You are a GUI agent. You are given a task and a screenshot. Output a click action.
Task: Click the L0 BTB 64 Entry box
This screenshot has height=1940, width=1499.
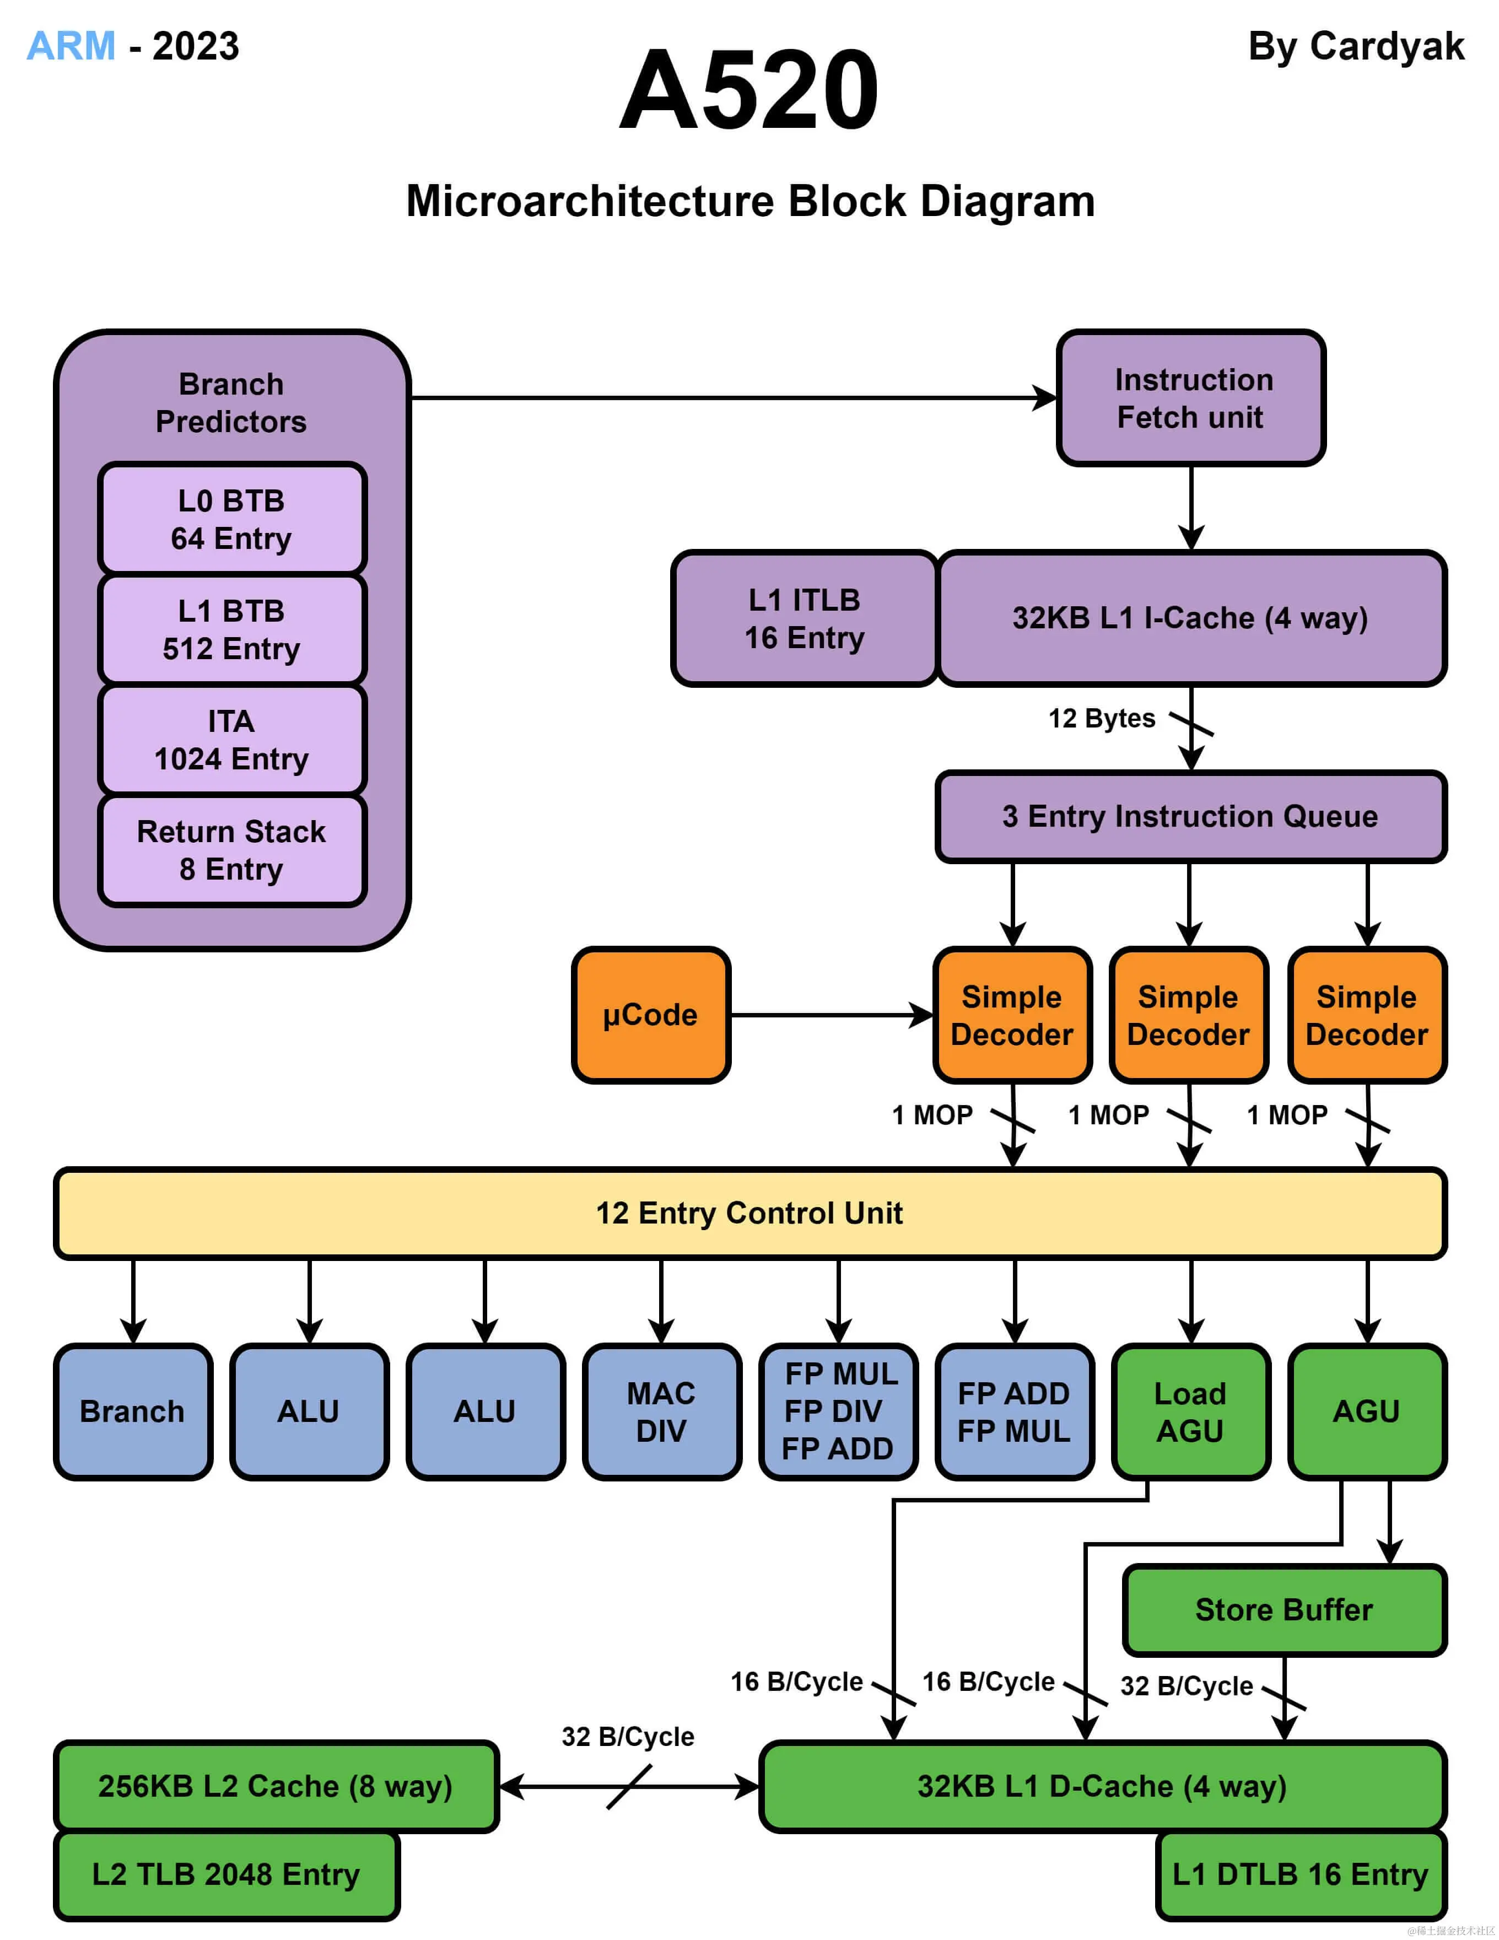(232, 519)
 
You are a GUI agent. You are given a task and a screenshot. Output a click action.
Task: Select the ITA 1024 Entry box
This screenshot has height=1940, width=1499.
(232, 739)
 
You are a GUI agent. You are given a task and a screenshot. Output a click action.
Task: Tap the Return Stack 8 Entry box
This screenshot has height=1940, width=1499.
(232, 850)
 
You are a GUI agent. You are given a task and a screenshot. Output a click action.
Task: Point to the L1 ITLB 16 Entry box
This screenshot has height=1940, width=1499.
(805, 618)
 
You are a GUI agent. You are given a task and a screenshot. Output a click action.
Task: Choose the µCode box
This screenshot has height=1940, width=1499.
(651, 1015)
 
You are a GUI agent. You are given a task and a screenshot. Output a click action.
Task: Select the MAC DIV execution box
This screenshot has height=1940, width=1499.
(661, 1411)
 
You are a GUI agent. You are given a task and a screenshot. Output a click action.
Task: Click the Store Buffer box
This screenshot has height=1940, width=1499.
(1284, 1609)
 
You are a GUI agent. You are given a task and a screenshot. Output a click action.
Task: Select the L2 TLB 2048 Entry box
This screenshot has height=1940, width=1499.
(227, 1874)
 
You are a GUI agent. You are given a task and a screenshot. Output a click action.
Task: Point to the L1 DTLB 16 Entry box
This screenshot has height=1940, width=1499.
(1301, 1874)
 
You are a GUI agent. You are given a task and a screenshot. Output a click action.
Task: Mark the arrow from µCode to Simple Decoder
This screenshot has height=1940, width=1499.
(831, 1015)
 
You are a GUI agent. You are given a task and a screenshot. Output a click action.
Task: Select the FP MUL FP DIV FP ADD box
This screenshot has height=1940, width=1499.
(838, 1411)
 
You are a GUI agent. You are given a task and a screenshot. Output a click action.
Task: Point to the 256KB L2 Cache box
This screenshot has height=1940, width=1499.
(276, 1786)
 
